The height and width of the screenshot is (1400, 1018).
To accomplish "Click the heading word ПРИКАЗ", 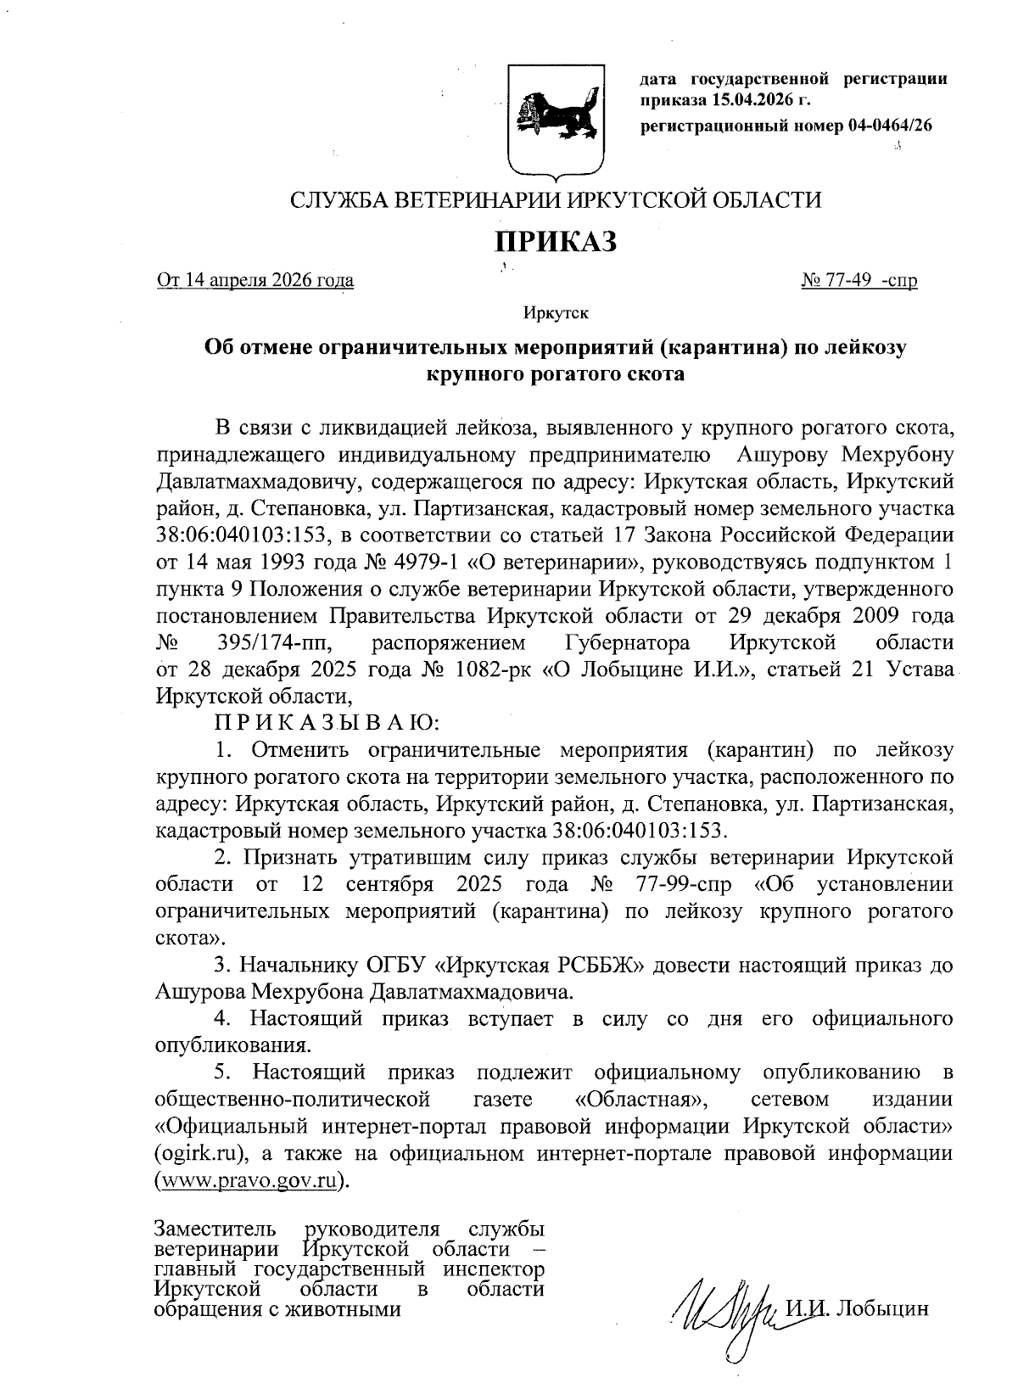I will [555, 242].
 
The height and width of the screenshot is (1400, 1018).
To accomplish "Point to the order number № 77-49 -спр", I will [859, 280].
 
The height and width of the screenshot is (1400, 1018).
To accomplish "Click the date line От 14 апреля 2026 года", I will [255, 280].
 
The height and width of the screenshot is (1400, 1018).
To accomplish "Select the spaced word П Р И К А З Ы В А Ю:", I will [327, 723].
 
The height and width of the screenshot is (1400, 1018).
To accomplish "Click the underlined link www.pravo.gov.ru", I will [249, 1180].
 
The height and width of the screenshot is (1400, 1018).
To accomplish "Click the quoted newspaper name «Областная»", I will [638, 1100].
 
